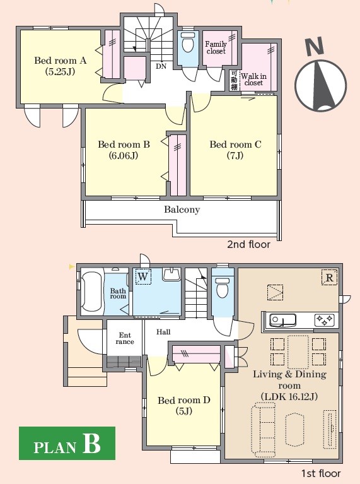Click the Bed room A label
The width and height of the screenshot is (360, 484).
click(x=60, y=66)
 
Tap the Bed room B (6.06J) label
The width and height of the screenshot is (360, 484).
click(x=124, y=150)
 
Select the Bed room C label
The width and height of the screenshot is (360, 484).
click(x=235, y=150)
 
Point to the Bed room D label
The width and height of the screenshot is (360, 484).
click(x=184, y=405)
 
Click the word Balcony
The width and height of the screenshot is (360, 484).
click(x=182, y=210)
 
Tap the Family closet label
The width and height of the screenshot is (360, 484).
click(x=216, y=47)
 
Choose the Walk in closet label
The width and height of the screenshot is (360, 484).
click(x=253, y=80)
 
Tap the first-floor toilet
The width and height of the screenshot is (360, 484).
click(x=223, y=286)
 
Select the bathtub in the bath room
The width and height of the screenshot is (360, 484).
click(x=91, y=292)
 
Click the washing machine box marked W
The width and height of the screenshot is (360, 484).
click(x=143, y=276)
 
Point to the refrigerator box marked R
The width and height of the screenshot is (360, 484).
click(x=329, y=277)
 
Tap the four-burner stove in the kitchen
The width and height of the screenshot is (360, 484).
click(x=325, y=319)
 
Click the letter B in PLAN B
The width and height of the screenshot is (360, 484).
click(x=91, y=444)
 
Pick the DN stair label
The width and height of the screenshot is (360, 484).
click(x=161, y=66)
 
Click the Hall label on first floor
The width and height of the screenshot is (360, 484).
click(x=163, y=332)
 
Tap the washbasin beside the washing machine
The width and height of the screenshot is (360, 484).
click(x=171, y=273)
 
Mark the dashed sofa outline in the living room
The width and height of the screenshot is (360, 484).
click(x=263, y=430)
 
